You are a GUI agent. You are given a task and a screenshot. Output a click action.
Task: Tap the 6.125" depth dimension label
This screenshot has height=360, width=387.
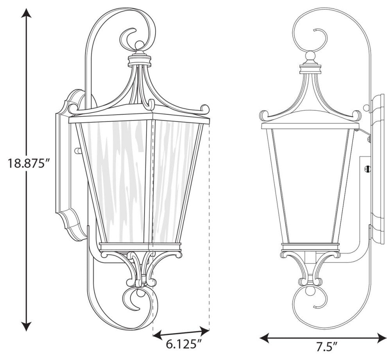184,345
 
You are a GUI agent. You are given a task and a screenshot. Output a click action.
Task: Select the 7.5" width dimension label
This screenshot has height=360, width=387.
324,346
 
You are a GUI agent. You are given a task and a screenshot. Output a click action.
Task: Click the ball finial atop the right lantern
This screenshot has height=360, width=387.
310,56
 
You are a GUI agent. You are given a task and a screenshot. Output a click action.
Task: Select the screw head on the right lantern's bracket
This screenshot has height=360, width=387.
367,169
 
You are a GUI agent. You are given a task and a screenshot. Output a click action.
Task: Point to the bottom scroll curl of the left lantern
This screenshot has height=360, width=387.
135,299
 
